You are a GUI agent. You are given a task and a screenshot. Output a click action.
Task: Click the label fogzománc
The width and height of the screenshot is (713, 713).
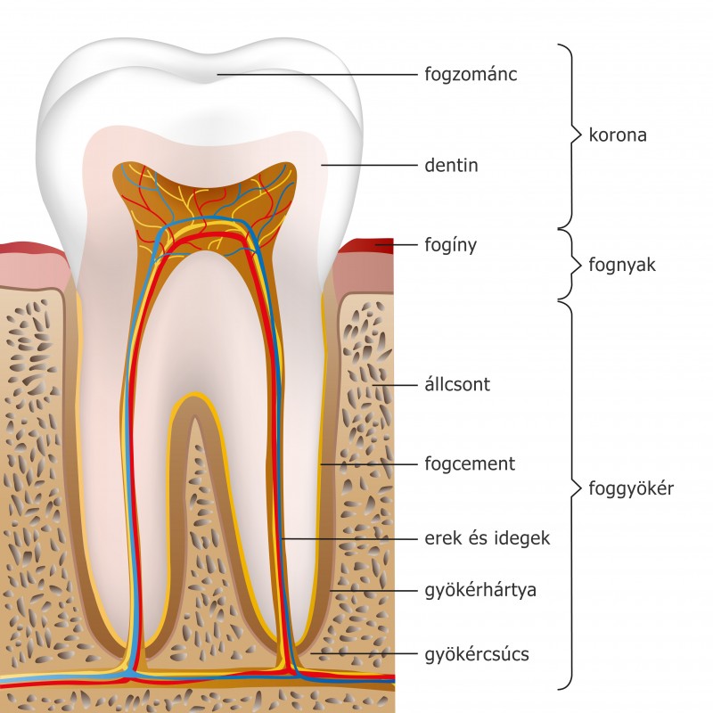[471, 75]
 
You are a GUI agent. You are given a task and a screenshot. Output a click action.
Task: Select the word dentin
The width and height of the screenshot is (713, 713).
[452, 166]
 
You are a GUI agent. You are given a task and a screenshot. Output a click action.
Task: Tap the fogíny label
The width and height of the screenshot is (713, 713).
[451, 244]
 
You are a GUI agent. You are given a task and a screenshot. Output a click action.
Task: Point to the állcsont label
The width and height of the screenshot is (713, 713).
[457, 386]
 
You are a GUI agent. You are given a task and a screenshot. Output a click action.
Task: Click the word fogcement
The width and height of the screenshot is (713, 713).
[470, 464]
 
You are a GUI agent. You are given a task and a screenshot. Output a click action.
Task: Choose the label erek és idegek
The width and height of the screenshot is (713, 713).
[488, 538]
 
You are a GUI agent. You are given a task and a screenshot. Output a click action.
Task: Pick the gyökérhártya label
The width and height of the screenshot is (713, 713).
[480, 590]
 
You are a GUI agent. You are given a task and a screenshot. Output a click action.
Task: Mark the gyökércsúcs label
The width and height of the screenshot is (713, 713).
[477, 655]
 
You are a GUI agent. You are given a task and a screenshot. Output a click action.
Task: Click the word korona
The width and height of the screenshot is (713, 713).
[618, 136]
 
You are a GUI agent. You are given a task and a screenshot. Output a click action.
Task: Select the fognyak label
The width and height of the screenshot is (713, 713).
[622, 265]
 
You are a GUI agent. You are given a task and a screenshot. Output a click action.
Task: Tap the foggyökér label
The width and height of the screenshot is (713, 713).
[631, 488]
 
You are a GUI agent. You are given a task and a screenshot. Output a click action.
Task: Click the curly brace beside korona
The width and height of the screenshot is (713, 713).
[567, 136]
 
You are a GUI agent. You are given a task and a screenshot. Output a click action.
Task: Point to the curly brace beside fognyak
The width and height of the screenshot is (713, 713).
[565, 265]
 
